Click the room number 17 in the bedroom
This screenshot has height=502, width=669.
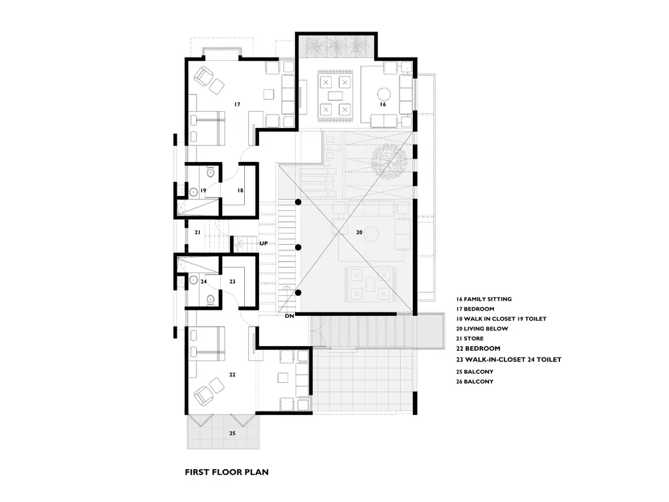[x=237, y=104]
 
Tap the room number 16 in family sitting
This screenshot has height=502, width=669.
[x=383, y=104]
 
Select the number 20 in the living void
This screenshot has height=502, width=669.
[x=359, y=232]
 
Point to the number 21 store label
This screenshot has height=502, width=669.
[x=197, y=232]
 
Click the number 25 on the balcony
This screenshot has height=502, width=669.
[x=232, y=433]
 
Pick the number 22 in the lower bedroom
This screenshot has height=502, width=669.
[x=232, y=375]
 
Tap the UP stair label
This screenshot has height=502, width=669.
[x=264, y=244]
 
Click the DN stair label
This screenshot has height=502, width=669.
[x=289, y=317]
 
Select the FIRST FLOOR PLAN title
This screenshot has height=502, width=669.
[x=227, y=472]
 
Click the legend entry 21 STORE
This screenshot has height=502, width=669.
[x=470, y=339]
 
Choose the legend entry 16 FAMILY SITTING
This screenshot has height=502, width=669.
[x=484, y=299]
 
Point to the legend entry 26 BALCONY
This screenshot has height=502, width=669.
[x=474, y=382]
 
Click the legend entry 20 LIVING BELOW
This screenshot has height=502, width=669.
[x=482, y=329]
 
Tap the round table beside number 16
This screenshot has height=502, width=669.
[x=385, y=94]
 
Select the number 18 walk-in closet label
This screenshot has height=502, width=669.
[x=240, y=190]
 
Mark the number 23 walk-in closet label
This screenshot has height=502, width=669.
[x=232, y=282]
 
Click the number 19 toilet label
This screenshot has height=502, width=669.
[x=203, y=190]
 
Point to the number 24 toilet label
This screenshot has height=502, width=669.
[x=203, y=282]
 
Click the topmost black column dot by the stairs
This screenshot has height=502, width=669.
[x=298, y=202]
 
